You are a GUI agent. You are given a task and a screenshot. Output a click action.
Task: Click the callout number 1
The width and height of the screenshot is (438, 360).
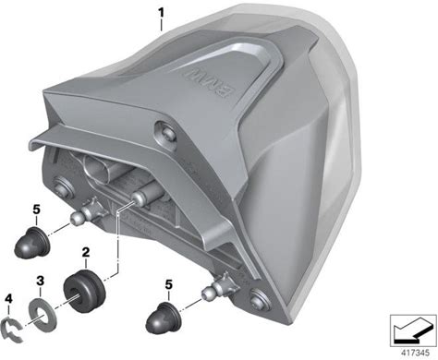pyautogui.click(x=161, y=13)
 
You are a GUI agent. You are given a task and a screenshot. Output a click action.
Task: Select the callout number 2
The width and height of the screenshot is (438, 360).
pyautogui.click(x=86, y=252)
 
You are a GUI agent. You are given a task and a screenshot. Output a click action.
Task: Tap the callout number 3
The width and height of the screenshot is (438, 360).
pyautogui.click(x=40, y=281)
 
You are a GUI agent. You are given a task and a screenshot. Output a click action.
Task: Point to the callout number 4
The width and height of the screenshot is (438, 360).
pyautogui.click(x=9, y=298)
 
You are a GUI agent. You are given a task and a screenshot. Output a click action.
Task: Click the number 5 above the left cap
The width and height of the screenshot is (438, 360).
pyautogui.click(x=36, y=210)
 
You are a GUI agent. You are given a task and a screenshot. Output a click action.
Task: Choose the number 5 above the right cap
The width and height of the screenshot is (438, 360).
pyautogui.click(x=168, y=284)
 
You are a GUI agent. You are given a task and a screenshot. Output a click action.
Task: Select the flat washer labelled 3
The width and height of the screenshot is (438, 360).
pyautogui.click(x=43, y=317)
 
